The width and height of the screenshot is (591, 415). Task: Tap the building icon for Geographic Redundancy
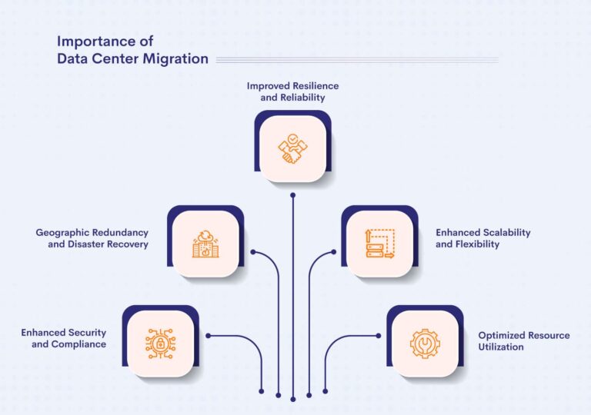[205, 243]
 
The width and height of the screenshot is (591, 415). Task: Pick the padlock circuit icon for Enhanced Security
[160, 344]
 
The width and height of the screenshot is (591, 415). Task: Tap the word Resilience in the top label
[312, 86]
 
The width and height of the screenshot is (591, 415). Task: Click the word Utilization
[501, 347]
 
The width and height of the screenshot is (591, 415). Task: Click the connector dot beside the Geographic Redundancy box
[252, 251]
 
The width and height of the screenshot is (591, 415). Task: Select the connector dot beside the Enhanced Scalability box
[333, 251]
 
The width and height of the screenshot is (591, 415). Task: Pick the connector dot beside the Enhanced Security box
[208, 336]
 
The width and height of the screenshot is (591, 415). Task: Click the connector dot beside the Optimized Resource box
[378, 336]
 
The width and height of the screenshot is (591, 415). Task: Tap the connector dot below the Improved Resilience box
[292, 196]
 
